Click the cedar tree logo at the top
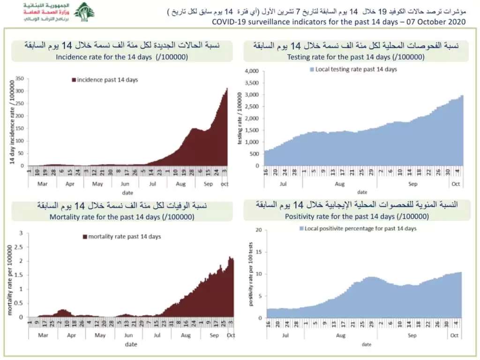click(84, 12)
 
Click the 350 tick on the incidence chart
click(20, 78)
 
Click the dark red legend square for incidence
click(74, 80)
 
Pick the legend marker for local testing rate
click(311, 69)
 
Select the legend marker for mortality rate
click(85, 237)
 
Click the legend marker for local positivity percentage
click(302, 229)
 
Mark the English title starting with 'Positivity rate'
click(357, 217)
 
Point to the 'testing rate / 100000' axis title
click(240, 119)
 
